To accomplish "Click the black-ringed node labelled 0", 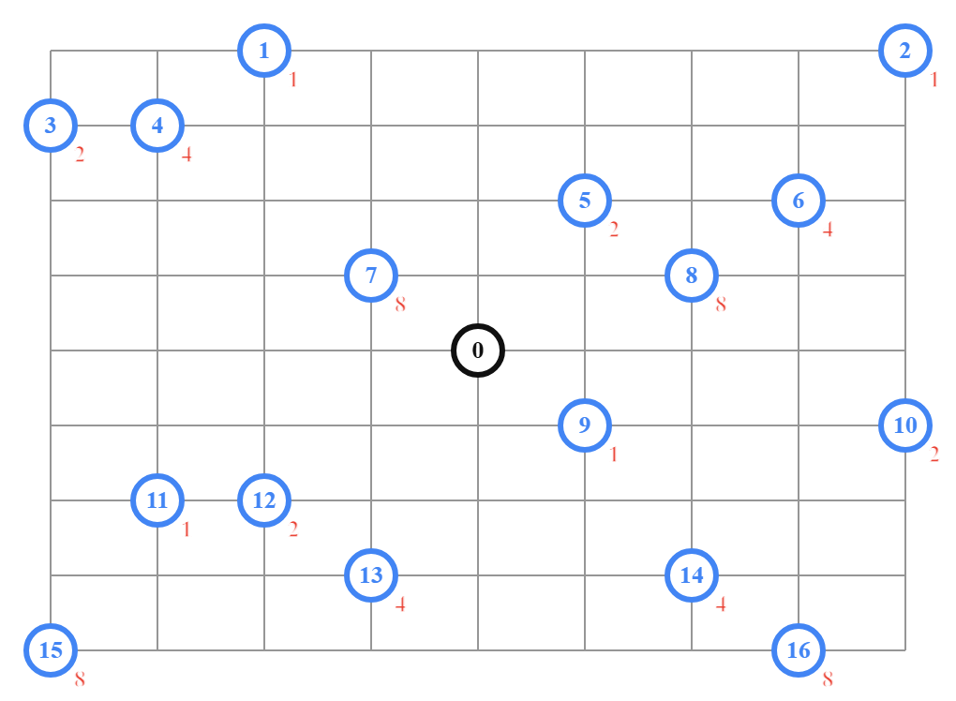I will (478, 350).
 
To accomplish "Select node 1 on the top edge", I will (264, 51).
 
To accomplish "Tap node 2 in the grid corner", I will (905, 51).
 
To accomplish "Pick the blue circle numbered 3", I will (51, 126).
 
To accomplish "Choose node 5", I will (585, 201).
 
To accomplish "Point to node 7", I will (371, 276).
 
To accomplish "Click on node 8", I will (692, 276).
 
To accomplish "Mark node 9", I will (585, 425).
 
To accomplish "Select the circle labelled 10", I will (905, 425).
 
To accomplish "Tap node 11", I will (157, 500).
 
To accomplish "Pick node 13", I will (371, 575).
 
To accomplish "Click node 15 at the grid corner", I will (51, 650).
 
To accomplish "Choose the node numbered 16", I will (799, 650).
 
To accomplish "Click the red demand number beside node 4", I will (187, 155).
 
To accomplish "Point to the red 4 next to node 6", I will (828, 230).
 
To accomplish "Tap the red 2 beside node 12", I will (293, 529).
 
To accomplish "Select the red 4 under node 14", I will (721, 604).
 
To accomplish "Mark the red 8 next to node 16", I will (828, 679).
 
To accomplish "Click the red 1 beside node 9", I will (614, 455).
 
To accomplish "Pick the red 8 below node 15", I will (80, 679).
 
